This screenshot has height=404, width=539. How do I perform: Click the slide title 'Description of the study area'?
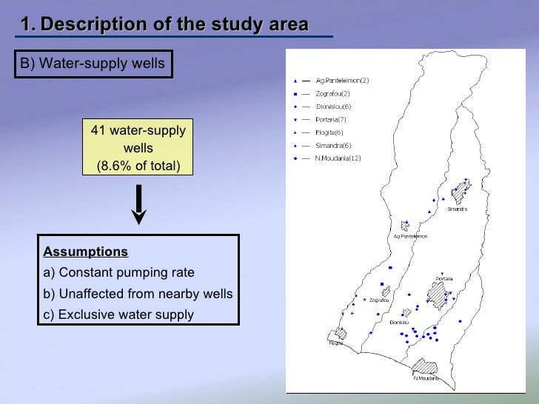pyautogui.click(x=175, y=24)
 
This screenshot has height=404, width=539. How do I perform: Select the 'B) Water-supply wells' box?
pyautogui.click(x=93, y=64)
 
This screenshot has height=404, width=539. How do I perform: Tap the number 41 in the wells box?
pyautogui.click(x=98, y=131)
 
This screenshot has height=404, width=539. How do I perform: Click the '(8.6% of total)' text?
pyautogui.click(x=138, y=164)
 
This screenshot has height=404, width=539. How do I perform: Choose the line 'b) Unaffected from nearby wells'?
pyautogui.click(x=138, y=294)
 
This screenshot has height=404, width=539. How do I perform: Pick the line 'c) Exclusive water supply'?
pyautogui.click(x=118, y=314)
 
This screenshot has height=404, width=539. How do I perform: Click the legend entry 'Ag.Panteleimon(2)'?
pyautogui.click(x=342, y=81)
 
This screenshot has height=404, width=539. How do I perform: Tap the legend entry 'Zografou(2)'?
pyautogui.click(x=332, y=94)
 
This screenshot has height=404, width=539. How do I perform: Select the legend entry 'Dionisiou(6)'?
pyautogui.click(x=333, y=107)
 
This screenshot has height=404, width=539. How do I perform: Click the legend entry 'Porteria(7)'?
pyautogui.click(x=331, y=120)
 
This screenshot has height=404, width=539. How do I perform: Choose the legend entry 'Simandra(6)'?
pyautogui.click(x=333, y=146)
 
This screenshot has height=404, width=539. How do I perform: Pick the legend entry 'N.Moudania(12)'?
pyautogui.click(x=338, y=158)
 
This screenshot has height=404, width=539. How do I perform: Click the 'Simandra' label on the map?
pyautogui.click(x=457, y=209)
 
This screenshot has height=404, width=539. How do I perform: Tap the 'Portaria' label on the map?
pyautogui.click(x=443, y=278)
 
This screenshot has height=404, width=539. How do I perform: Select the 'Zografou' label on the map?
pyautogui.click(x=379, y=300)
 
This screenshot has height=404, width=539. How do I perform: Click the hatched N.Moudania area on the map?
pyautogui.click(x=425, y=366)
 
